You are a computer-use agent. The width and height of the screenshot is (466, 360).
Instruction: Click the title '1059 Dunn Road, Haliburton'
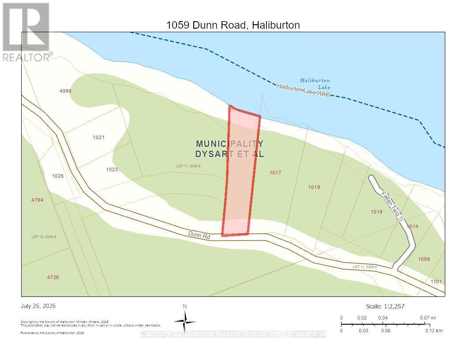click(233, 25)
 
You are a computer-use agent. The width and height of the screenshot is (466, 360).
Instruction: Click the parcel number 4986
click(65, 91)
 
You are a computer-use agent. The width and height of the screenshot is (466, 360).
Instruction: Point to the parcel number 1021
click(98, 137)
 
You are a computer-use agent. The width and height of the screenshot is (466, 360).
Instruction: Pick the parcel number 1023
click(112, 169)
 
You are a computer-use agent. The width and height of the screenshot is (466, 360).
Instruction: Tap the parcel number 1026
click(58, 176)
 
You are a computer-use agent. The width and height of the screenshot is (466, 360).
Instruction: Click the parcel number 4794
click(37, 200)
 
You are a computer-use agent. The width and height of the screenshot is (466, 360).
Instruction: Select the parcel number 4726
click(53, 277)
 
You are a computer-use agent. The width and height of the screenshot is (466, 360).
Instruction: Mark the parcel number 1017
click(275, 172)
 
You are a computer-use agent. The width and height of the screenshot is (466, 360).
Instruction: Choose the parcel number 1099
click(424, 259)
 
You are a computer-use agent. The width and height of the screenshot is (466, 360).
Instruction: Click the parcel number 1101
click(436, 281)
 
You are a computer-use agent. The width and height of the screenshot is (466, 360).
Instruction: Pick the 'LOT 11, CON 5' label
click(365, 267)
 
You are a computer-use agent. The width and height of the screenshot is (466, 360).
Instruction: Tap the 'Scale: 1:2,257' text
click(385, 306)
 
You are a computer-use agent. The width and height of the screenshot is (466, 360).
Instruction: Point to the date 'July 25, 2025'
click(38, 306)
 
